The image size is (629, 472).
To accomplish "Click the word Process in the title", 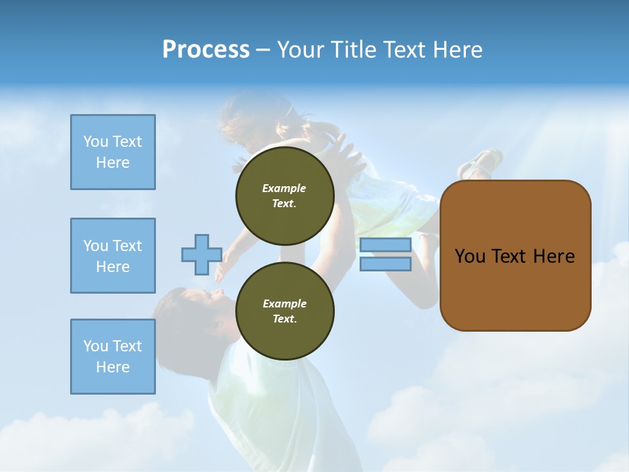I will pos(206,50).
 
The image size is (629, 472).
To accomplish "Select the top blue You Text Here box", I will pos(113,152).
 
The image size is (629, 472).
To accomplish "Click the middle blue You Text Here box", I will pos(113,256).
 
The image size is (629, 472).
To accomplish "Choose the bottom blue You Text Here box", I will pos(113,357).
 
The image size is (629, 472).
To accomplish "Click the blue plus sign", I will pos(201,255).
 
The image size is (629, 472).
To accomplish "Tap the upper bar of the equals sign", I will pos(385,245).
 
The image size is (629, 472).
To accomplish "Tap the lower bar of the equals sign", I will pos(385,264).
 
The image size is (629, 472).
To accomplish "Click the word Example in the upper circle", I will pos(284,188).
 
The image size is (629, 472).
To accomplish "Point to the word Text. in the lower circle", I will pos(284,319).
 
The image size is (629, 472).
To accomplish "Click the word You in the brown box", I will pos(470,256).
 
